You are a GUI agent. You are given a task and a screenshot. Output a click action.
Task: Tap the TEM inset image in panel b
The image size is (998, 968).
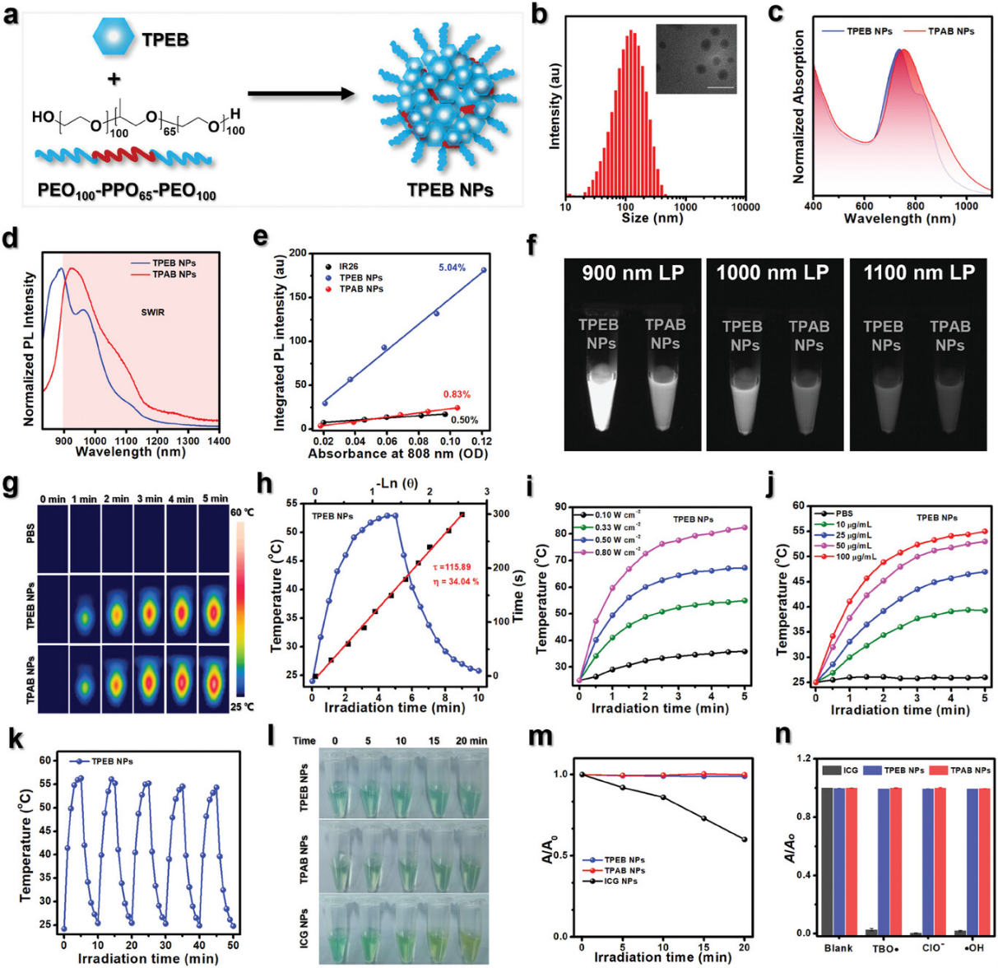pos(696,59)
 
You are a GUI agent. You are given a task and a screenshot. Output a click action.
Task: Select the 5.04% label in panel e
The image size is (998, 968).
pos(452,268)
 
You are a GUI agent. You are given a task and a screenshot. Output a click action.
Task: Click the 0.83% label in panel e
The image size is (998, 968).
pos(457,394)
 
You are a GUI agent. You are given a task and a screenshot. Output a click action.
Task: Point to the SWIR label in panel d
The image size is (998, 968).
pos(152,312)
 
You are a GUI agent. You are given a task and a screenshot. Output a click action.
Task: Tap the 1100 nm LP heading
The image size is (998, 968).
pos(918,272)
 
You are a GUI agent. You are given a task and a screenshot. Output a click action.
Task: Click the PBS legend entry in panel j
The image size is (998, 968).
pos(844,513)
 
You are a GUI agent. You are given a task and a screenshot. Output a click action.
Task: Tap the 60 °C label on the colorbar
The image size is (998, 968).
pos(243,511)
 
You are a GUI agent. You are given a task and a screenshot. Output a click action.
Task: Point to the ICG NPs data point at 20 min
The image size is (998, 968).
pos(744,840)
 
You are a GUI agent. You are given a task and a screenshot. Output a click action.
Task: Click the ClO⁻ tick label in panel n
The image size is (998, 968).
pos(933,948)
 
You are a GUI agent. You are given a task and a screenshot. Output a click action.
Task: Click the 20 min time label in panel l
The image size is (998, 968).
pos(471,741)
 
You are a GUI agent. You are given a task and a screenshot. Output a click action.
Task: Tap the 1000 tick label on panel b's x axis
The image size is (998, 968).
pos(685,207)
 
